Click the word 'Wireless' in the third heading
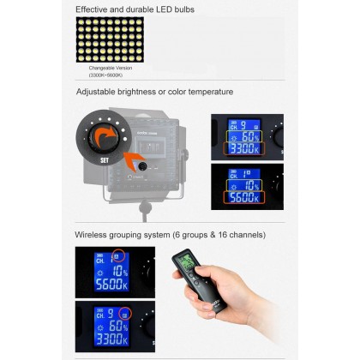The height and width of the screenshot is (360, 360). pos(95,234)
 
